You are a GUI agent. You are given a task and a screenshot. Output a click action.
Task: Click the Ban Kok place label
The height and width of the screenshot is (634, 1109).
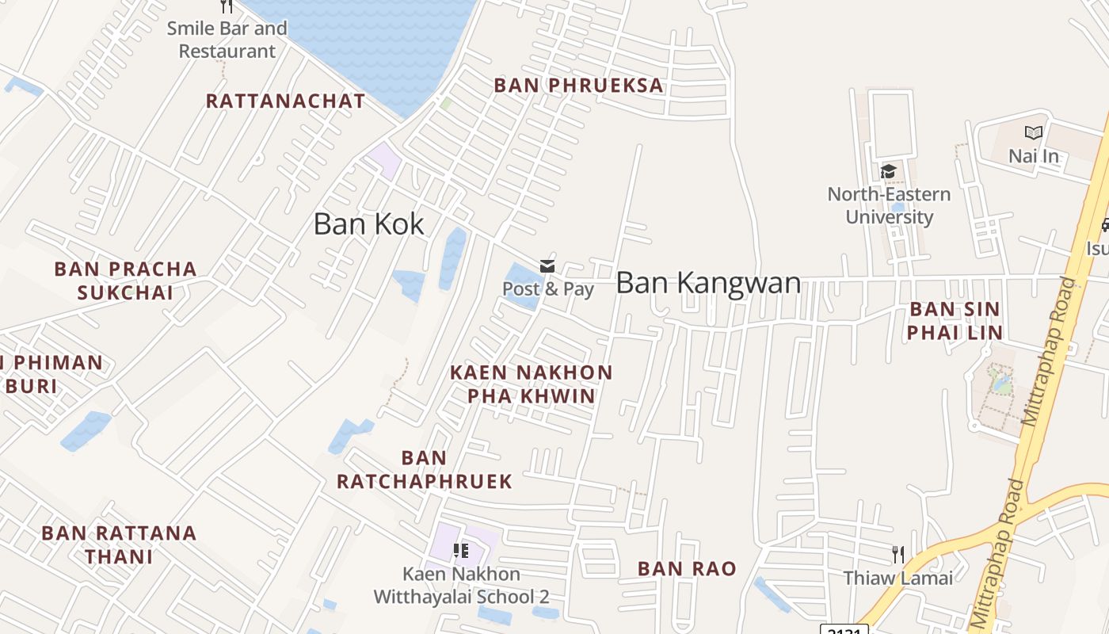369,224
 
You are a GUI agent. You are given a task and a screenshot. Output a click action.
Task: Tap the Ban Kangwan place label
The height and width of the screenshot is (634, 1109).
708,283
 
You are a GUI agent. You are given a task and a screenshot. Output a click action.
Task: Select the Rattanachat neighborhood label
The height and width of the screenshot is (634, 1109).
285,101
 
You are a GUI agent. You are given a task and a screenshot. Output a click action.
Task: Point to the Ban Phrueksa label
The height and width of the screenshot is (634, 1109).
578,86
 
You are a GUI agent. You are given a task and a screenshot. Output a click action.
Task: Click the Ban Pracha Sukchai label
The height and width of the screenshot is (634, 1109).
125,281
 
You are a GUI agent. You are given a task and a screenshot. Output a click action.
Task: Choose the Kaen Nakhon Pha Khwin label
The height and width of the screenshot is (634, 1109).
532,384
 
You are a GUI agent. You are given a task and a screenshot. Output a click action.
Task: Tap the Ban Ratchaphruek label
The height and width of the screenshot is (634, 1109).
425,470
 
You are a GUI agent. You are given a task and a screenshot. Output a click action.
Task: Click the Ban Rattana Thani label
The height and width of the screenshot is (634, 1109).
119,544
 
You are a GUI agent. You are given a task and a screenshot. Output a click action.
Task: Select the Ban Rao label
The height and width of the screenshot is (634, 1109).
687,568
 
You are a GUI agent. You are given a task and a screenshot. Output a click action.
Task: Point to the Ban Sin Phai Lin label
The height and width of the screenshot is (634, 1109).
955,321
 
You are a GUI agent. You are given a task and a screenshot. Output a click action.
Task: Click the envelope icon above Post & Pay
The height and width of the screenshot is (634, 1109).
547,265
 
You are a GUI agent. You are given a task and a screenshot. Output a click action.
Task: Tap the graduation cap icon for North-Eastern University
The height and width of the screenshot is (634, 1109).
888,171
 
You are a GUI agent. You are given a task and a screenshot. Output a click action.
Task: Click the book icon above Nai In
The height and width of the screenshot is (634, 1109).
1033,133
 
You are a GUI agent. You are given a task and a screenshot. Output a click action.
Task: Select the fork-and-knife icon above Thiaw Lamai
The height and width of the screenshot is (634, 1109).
897,554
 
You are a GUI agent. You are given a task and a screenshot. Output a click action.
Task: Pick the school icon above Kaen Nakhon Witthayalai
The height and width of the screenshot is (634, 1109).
460,550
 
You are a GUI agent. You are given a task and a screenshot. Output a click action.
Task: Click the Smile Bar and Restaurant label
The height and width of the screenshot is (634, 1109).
227,40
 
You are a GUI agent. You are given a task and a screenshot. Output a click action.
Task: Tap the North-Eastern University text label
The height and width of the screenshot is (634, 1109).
889,205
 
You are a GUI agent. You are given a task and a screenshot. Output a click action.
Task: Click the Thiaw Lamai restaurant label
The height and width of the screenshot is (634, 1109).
897,578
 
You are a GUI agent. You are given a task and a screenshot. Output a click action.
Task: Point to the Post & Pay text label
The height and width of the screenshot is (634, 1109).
548,289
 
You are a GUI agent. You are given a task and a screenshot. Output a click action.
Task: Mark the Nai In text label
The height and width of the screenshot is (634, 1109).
1033,156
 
